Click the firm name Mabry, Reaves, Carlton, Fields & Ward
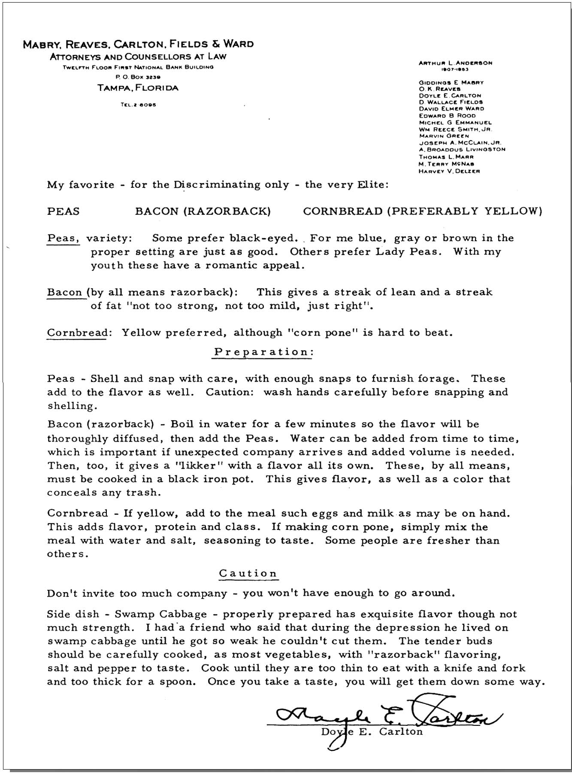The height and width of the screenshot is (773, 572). (138, 44)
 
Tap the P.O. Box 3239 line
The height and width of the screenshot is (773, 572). (138, 78)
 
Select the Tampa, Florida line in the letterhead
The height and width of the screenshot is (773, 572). (138, 88)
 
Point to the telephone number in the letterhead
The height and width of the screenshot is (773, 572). (138, 105)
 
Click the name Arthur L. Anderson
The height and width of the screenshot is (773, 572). (455, 63)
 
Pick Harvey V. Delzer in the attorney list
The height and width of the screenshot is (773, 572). (449, 171)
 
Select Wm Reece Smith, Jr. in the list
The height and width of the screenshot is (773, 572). (455, 129)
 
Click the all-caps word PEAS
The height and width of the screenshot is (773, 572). (63, 211)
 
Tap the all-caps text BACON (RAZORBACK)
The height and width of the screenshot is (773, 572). (203, 211)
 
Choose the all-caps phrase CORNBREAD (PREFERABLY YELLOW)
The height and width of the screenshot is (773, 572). (422, 211)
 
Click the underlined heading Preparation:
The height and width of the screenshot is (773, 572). (264, 352)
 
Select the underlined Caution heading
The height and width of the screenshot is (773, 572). (248, 573)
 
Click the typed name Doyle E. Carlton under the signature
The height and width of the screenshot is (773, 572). (372, 731)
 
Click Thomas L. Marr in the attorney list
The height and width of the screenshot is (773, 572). (446, 157)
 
